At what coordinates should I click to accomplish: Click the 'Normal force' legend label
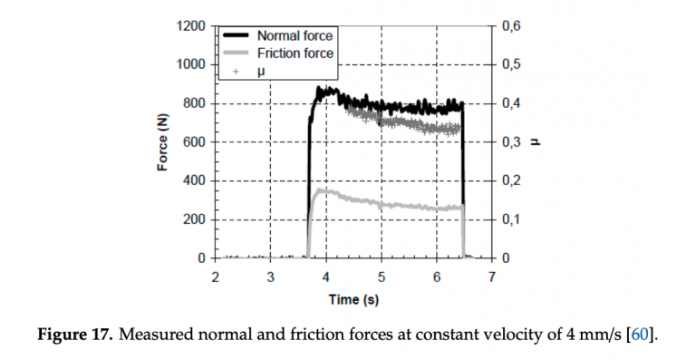pos(295,36)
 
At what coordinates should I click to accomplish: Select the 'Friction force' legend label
pos(295,54)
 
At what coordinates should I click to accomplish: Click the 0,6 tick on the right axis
pos(512,25)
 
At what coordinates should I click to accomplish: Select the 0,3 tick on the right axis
pos(512,142)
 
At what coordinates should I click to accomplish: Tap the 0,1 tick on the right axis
pos(512,220)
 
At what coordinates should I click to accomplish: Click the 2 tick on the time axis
pos(215,276)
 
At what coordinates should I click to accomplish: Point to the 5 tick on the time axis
pos(382,276)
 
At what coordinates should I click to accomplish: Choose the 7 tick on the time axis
pos(492,276)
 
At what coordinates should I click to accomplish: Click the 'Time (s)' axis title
pos(353,299)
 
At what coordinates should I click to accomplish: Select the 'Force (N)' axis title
pos(163,142)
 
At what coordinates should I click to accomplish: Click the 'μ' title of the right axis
pos(536,142)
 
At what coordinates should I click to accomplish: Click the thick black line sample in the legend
pos(237,36)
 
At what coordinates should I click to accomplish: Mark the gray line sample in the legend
pos(237,54)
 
